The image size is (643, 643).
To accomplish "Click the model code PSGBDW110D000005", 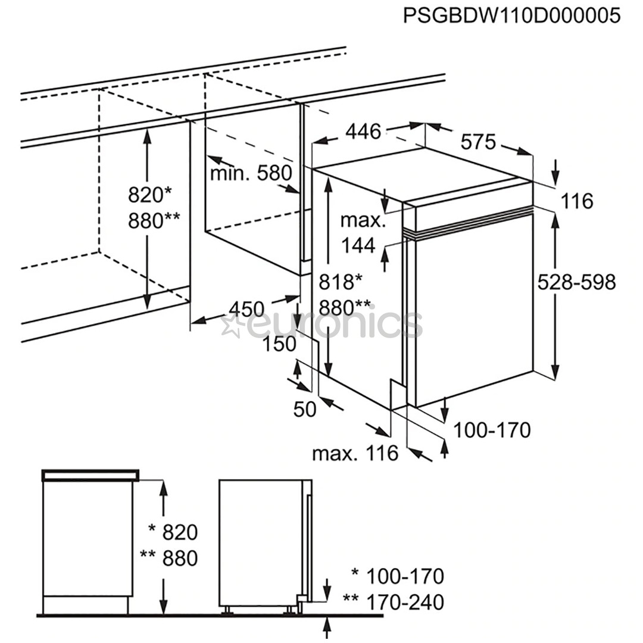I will point(511,15).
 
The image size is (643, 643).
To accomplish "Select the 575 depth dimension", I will point(478,142).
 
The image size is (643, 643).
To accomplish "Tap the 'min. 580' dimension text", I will point(251,173).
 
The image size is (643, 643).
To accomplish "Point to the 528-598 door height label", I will point(576,282).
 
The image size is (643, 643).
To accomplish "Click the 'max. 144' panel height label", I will point(363,232).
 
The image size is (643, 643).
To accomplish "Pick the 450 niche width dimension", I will point(246,309).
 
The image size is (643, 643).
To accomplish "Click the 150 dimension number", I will point(280,344).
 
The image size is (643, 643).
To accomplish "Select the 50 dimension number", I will point(304,409).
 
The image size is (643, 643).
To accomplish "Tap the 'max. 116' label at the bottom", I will point(355,454).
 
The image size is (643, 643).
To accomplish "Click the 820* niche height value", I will point(149,194).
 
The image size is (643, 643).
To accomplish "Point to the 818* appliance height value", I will point(341,281).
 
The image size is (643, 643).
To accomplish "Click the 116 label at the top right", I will point(577,201).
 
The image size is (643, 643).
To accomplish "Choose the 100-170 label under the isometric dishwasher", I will point(492,429).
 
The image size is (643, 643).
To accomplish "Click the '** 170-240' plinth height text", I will point(394,602).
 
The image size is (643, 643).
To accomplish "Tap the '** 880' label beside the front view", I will point(168,558).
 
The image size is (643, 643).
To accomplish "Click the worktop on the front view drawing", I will point(90,475).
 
